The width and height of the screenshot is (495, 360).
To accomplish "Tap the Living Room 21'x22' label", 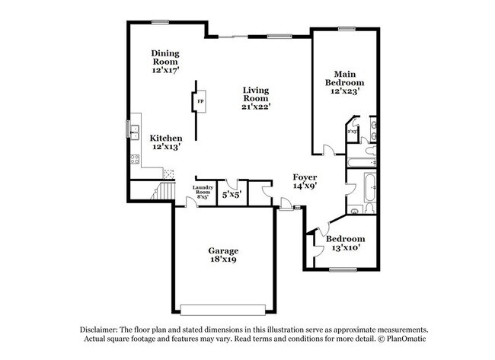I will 256,97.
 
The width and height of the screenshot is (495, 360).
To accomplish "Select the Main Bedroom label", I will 344,82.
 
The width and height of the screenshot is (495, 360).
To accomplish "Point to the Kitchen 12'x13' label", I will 165,142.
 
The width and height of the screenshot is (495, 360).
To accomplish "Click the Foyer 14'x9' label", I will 305,180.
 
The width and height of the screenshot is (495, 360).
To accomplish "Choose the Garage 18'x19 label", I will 224,255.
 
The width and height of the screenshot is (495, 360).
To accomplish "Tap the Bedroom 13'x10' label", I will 345,243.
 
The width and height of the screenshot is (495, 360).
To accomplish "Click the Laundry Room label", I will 202,191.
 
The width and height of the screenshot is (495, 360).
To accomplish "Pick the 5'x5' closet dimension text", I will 231,195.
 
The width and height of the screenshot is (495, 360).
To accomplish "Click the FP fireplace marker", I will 200,101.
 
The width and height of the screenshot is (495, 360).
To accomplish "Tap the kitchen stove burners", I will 136,160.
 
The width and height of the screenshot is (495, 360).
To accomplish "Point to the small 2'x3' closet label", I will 353,131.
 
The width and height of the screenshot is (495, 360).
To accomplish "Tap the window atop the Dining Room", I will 160,21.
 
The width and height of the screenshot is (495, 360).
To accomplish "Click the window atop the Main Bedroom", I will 347,29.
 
